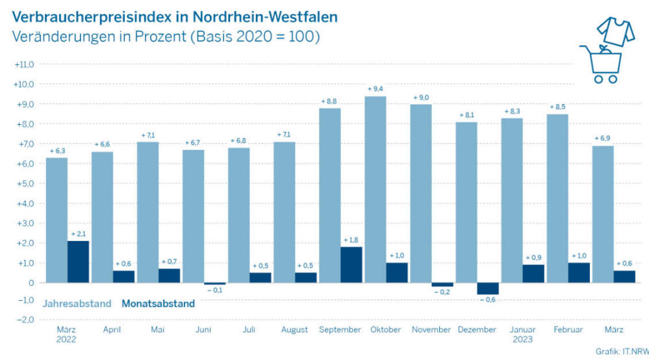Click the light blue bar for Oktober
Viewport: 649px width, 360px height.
click(375, 189)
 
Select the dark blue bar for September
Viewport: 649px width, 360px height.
click(351, 264)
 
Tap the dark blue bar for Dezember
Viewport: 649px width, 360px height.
click(488, 289)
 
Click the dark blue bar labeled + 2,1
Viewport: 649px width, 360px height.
click(79, 261)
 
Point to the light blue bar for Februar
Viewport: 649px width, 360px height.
click(557, 198)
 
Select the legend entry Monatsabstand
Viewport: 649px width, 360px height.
click(159, 303)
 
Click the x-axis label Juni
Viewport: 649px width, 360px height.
click(203, 330)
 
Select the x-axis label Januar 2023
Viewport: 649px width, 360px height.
click(523, 335)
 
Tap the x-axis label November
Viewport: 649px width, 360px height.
click(431, 330)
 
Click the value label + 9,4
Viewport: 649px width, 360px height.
click(376, 88)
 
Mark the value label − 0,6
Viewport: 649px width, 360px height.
click(488, 300)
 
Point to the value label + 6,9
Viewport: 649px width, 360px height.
click(603, 138)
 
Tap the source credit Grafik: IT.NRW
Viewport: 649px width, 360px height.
click(622, 352)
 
